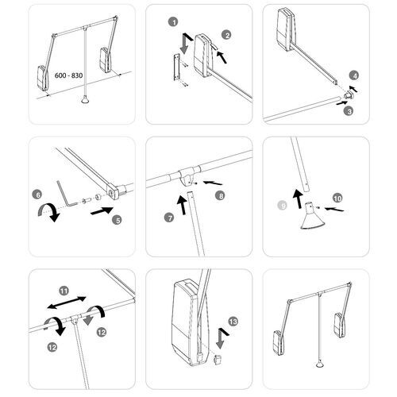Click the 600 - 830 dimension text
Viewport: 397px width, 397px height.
click(x=68, y=75)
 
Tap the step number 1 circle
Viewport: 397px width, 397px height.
click(x=174, y=22)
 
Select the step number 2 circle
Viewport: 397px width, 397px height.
click(x=226, y=35)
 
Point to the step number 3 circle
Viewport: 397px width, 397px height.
click(x=349, y=111)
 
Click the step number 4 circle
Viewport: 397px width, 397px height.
click(x=354, y=76)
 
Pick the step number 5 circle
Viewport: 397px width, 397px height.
click(x=118, y=220)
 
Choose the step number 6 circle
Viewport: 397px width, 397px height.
click(x=37, y=195)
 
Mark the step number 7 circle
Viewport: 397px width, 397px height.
click(x=169, y=218)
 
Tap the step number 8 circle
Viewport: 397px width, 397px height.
click(x=220, y=196)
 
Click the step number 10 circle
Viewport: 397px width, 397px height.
click(x=337, y=198)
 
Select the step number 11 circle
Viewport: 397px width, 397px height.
click(x=64, y=291)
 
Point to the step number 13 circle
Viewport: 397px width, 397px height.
click(x=233, y=322)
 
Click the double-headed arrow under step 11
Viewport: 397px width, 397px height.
click(x=67, y=303)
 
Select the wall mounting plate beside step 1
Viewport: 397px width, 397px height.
click(x=177, y=67)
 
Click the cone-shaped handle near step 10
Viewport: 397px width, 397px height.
click(x=312, y=217)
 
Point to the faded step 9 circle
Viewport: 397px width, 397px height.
click(x=283, y=205)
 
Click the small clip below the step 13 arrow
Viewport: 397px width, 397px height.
click(x=218, y=360)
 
